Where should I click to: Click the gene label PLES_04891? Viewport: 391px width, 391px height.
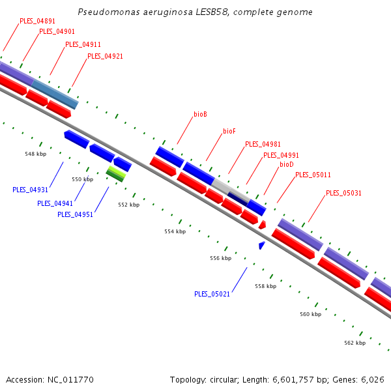37,21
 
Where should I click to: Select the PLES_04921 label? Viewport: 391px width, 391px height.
105,56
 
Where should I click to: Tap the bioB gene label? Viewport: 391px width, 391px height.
200,114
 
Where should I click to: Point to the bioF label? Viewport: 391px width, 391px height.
229,131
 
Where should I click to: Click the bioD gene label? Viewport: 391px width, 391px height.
286,164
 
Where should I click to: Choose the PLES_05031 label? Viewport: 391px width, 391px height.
343,193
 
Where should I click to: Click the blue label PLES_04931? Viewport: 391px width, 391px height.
30,190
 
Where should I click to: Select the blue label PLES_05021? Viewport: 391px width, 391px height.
212,294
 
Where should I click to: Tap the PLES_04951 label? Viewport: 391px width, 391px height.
75,214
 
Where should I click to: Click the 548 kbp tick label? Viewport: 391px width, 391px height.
35,154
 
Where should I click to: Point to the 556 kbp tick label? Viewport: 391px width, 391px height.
221,258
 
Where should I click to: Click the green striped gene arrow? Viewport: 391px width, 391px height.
116,172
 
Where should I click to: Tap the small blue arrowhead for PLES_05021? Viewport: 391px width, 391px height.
261,246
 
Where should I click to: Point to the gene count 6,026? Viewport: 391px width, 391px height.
372,379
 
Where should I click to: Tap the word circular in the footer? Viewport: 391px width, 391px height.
226,379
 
